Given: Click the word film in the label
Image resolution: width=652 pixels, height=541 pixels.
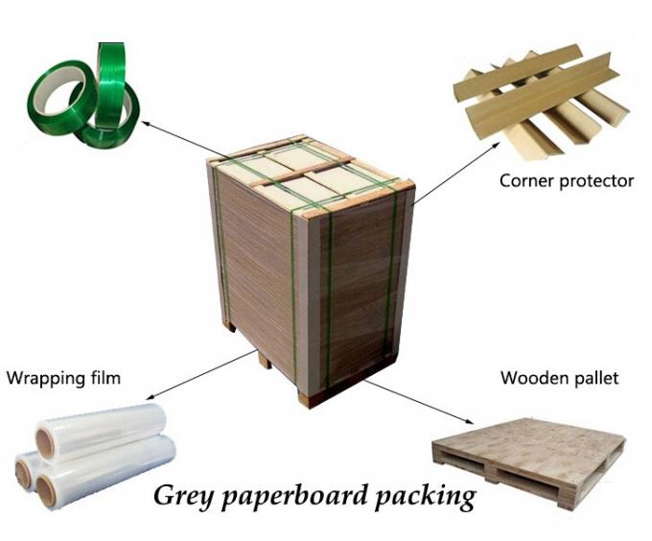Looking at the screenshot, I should pyautogui.click(x=105, y=378).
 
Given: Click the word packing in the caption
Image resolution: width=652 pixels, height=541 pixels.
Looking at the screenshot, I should pyautogui.click(x=424, y=498).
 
